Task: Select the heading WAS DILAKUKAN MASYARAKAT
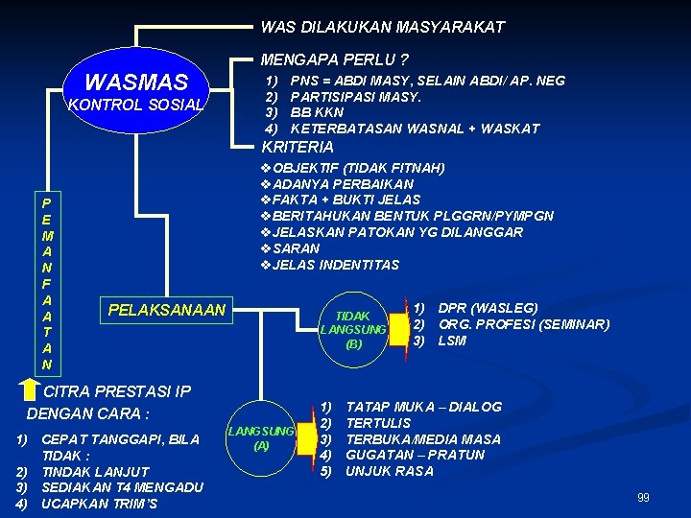pos(382,27)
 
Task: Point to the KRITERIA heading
pos(298,147)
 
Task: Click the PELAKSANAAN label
pos(167,310)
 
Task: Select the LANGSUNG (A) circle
pos(261,438)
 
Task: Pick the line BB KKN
pos(317,112)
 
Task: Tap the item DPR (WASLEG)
pos(488,308)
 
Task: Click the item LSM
pos(452,341)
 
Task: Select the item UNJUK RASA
pos(390,471)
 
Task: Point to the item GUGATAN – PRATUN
pos(415,455)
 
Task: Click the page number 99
pos(643,497)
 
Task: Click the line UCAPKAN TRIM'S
pos(99,504)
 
